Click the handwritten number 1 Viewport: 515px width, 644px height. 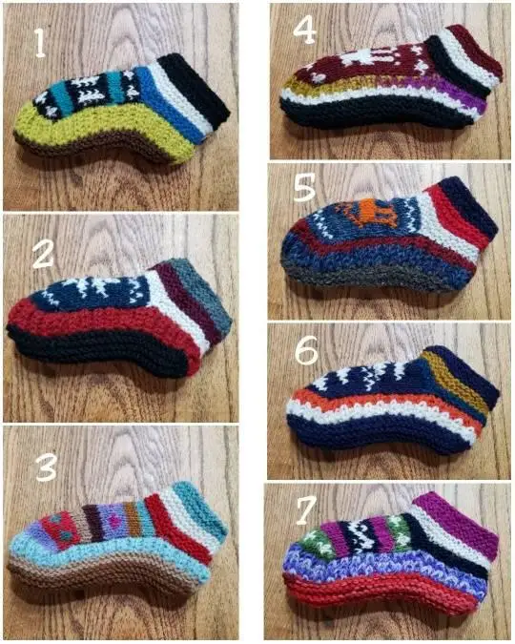click(x=39, y=43)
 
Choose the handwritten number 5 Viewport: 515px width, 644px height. click(x=304, y=188)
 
